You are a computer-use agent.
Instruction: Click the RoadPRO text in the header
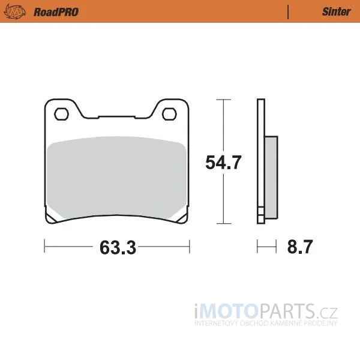click(56, 12)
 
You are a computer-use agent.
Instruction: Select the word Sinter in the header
click(337, 12)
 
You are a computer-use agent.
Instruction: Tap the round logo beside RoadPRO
click(14, 12)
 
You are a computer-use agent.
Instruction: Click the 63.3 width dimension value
click(118, 247)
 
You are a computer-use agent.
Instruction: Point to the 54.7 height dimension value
click(223, 163)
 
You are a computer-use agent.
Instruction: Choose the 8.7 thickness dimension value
click(300, 247)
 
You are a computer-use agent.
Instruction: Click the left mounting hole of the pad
click(61, 114)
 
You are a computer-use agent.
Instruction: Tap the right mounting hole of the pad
click(169, 114)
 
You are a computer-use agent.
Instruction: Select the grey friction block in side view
click(271, 177)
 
